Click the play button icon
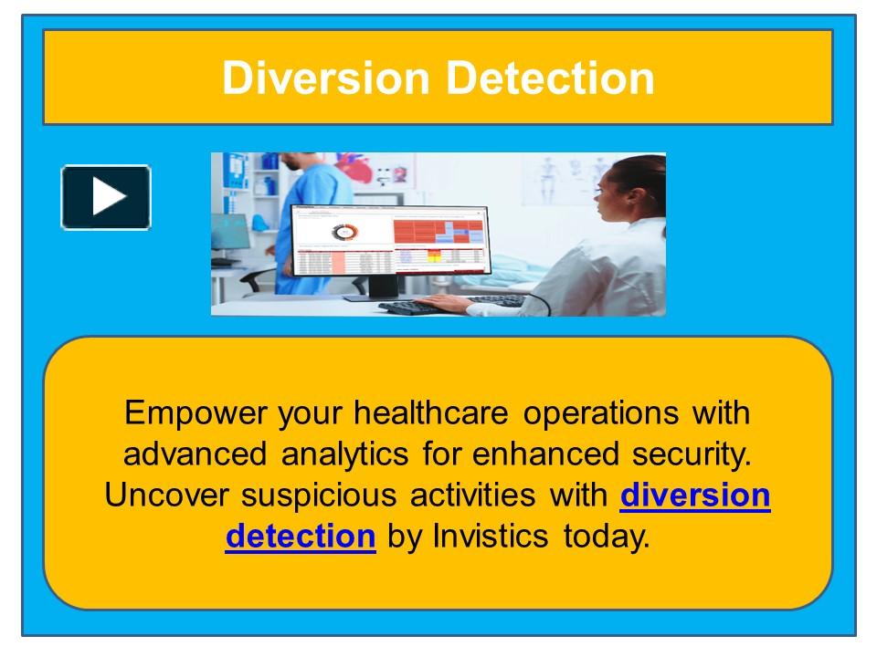[106, 197]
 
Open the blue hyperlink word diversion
[695, 495]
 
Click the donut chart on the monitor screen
[344, 233]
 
